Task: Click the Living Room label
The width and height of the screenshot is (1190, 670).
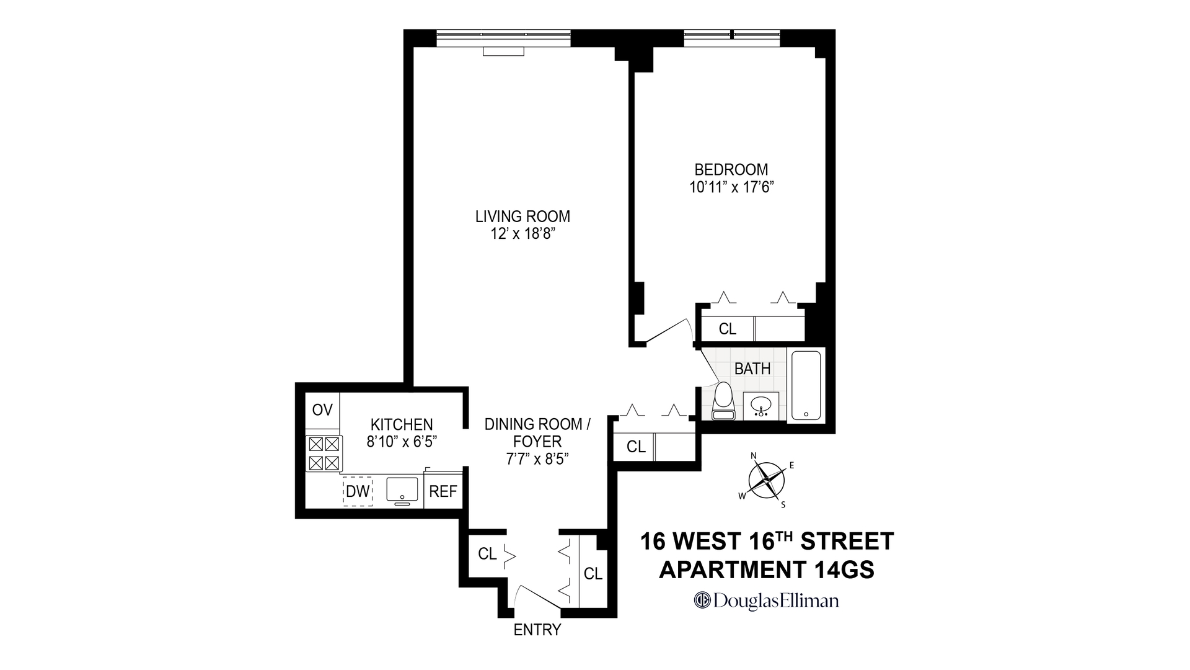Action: [x=522, y=217]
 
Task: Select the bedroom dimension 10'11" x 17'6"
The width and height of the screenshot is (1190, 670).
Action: [x=731, y=187]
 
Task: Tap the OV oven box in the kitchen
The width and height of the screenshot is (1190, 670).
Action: [x=322, y=410]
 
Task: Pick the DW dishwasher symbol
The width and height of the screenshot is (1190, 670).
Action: [x=358, y=491]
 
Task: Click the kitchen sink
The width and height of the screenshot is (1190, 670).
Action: [x=402, y=489]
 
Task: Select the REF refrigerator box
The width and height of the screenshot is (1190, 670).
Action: [x=443, y=491]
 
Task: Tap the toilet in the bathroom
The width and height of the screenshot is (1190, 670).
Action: [x=723, y=401]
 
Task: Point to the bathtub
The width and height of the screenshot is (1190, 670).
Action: [x=806, y=386]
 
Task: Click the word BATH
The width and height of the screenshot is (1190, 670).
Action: [x=752, y=368]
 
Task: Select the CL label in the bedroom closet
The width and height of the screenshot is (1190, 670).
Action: [x=727, y=329]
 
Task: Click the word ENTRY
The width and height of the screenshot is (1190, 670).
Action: [x=537, y=630]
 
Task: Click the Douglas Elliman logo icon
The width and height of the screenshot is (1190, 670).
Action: [x=702, y=601]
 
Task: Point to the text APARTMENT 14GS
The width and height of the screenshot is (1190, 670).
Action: [x=767, y=569]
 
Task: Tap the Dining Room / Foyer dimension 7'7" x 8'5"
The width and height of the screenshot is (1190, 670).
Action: [x=537, y=459]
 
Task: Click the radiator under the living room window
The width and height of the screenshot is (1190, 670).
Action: [x=503, y=51]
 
